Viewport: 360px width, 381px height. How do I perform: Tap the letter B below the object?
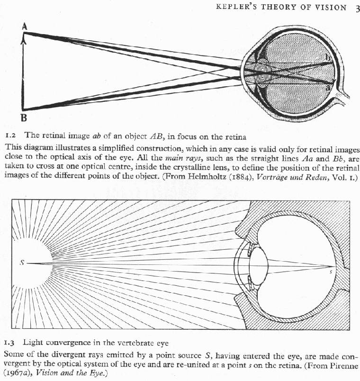(x=24, y=117)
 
